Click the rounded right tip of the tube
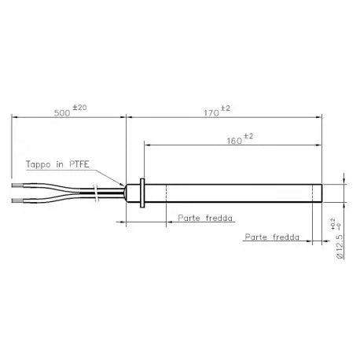pyautogui.click(x=321, y=193)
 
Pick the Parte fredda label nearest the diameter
pyautogui.click(x=274, y=235)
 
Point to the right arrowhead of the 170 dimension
pyautogui.click(x=320, y=118)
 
